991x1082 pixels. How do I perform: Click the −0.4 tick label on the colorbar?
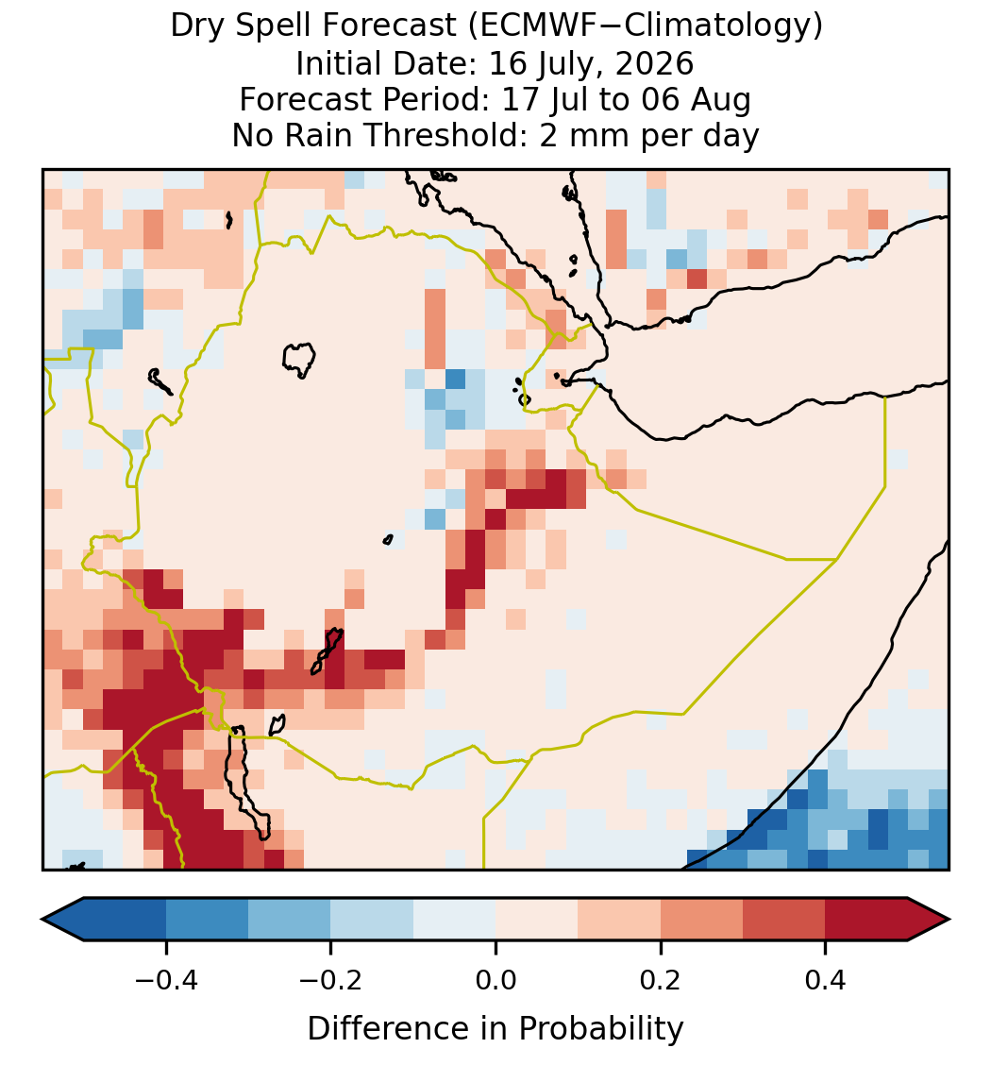click(x=166, y=980)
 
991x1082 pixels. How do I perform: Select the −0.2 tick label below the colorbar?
click(x=331, y=980)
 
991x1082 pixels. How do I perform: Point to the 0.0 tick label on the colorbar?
click(x=495, y=980)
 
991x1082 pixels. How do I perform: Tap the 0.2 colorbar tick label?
click(x=661, y=980)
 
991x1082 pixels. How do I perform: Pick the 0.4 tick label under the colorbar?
click(x=826, y=980)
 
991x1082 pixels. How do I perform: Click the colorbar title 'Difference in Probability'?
click(x=495, y=1028)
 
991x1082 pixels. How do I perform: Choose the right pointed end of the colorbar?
click(x=948, y=920)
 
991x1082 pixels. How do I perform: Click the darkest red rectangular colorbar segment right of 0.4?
click(x=866, y=920)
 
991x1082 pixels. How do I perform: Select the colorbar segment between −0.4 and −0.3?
click(x=207, y=920)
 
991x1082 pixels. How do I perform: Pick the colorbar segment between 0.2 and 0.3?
click(x=701, y=920)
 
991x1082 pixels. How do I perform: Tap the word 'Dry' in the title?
click(x=196, y=27)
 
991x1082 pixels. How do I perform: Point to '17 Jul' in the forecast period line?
click(x=545, y=100)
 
